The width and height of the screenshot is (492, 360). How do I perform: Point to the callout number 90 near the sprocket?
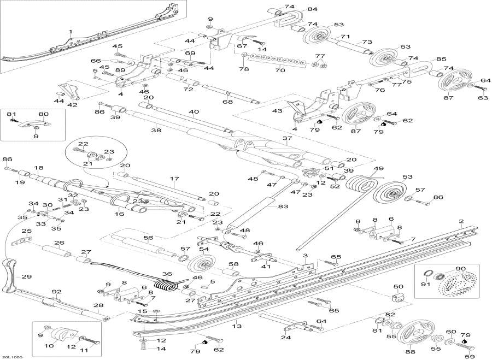coord(460,268)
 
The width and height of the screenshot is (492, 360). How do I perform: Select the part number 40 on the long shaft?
coord(194,112)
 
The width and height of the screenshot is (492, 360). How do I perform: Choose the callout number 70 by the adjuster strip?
coord(280,70)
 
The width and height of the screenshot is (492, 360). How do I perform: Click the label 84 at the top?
coord(312,9)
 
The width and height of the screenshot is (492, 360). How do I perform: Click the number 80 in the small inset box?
coord(43,114)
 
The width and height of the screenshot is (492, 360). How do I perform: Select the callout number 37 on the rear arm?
coord(303,138)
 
